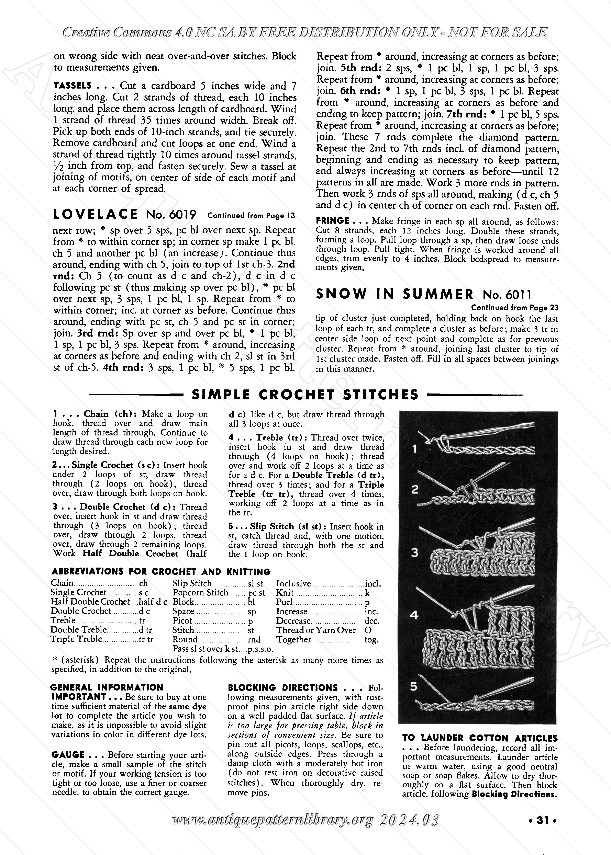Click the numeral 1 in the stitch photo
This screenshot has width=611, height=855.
(415, 449)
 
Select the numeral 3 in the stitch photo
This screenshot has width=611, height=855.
(415, 552)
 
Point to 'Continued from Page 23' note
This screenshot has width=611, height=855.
(515, 308)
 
